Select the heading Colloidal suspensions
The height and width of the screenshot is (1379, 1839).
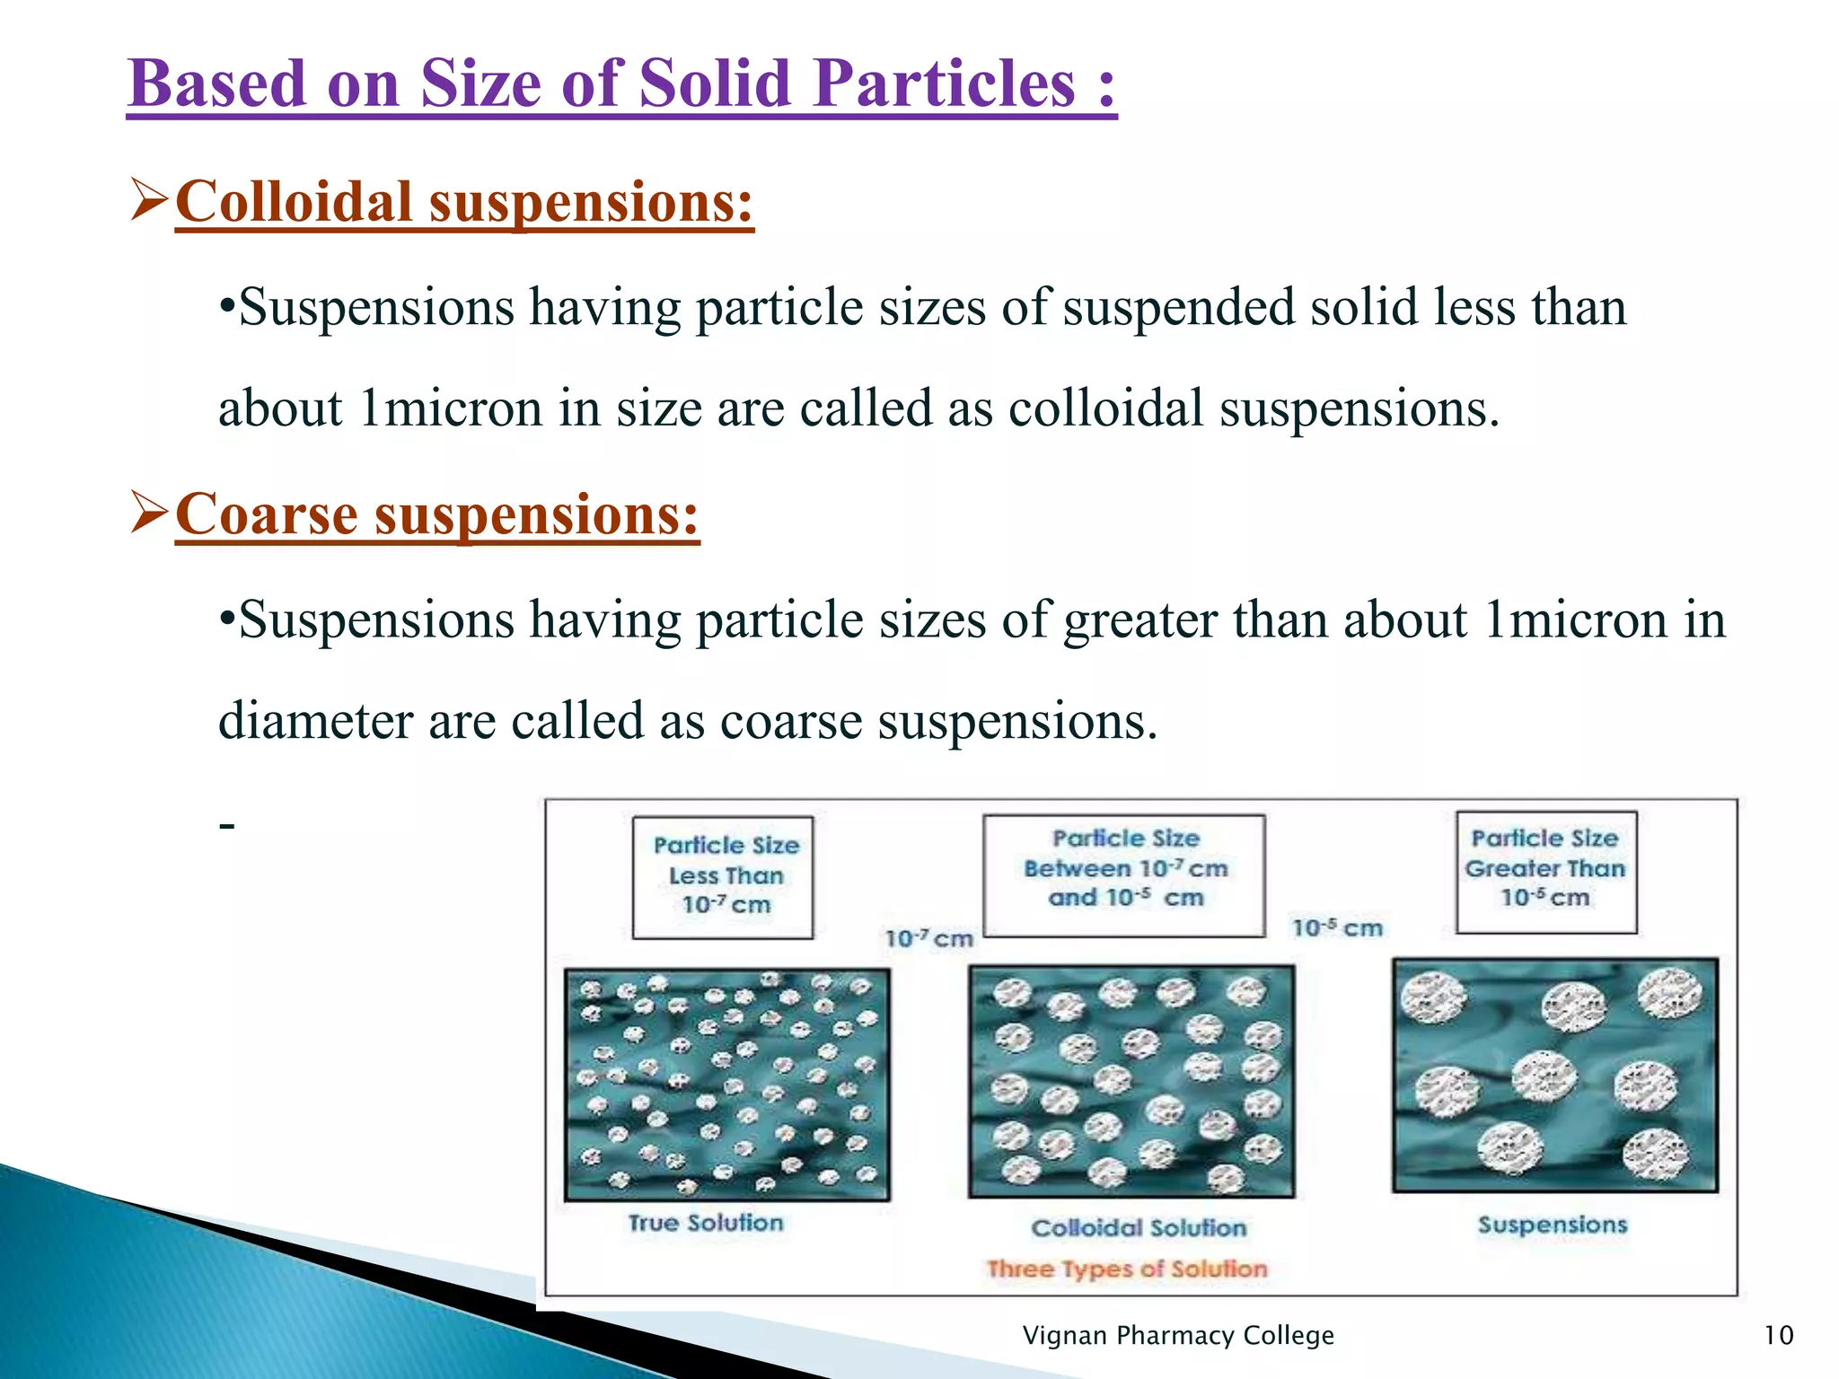click(464, 201)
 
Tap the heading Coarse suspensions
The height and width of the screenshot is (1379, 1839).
click(437, 514)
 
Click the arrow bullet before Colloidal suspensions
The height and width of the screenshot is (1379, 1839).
click(148, 199)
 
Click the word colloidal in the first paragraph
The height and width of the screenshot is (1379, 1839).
click(1105, 408)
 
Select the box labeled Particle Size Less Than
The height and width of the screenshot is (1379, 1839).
click(723, 876)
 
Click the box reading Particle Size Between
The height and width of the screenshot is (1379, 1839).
click(1124, 874)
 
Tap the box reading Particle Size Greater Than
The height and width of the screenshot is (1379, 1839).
click(1545, 871)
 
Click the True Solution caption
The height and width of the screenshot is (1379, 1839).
click(706, 1223)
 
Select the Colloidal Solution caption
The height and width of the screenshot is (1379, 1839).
click(1138, 1228)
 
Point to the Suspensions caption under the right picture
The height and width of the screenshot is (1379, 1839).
click(1553, 1225)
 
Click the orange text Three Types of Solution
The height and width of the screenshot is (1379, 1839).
click(1127, 1269)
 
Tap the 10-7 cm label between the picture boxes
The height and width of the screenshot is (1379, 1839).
click(928, 939)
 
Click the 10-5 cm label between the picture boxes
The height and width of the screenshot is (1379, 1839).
click(1337, 927)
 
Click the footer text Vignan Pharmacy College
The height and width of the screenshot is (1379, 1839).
click(1178, 1336)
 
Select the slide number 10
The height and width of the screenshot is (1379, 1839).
click(1778, 1336)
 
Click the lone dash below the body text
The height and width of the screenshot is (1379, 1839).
click(227, 824)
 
